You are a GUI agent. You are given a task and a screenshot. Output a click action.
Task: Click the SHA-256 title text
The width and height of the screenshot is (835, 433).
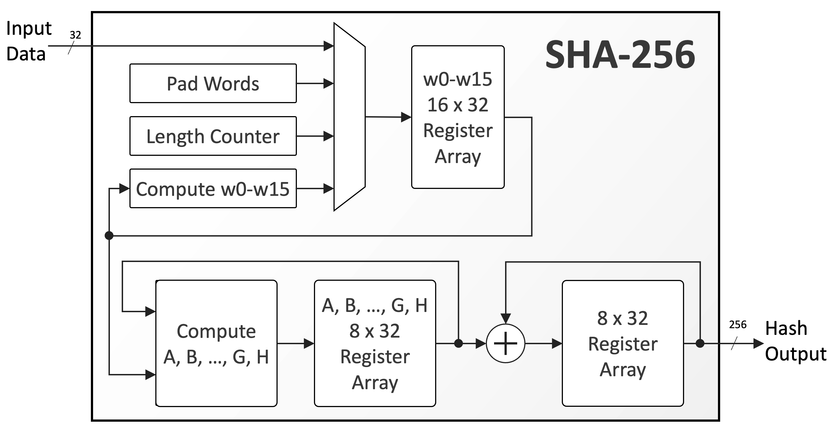pyautogui.click(x=620, y=55)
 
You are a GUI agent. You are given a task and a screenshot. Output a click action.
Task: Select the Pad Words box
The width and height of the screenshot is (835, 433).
pyautogui.click(x=213, y=83)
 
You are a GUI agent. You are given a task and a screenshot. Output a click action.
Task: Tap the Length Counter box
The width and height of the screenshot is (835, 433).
pyautogui.click(x=213, y=136)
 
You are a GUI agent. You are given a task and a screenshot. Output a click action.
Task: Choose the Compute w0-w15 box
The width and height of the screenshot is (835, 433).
pyautogui.click(x=213, y=189)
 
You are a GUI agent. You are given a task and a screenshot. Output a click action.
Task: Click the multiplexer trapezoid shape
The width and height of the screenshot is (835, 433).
pyautogui.click(x=349, y=117)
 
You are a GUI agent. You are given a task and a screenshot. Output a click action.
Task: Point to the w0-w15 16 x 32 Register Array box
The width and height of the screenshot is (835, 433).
pyautogui.click(x=458, y=117)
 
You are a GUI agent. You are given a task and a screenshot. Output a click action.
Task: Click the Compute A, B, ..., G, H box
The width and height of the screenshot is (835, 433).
pyautogui.click(x=216, y=343)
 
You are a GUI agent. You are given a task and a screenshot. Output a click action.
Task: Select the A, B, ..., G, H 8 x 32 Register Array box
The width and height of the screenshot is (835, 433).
pyautogui.click(x=375, y=343)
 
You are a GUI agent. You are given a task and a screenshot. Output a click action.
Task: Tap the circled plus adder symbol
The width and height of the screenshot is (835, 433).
pyautogui.click(x=506, y=343)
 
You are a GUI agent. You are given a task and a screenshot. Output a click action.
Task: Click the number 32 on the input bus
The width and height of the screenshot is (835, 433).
pyautogui.click(x=75, y=35)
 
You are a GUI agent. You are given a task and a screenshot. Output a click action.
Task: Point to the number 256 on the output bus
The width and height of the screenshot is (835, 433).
pyautogui.click(x=738, y=325)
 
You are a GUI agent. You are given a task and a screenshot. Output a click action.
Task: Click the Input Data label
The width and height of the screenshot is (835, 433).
pyautogui.click(x=29, y=41)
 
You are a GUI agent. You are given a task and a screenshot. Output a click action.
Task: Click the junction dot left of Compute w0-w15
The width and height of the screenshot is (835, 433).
pyautogui.click(x=109, y=235)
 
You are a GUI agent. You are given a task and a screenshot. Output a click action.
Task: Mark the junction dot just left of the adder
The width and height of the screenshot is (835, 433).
pyautogui.click(x=458, y=343)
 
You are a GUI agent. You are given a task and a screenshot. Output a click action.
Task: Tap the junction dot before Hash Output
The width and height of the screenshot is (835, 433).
pyautogui.click(x=700, y=343)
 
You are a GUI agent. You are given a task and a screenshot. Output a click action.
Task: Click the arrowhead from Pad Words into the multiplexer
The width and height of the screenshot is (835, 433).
pyautogui.click(x=329, y=83)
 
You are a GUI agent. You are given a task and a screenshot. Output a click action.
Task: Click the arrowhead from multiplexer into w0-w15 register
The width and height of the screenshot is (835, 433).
pyautogui.click(x=406, y=117)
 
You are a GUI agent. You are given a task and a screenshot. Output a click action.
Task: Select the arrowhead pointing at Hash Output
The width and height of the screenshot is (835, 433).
pyautogui.click(x=758, y=343)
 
